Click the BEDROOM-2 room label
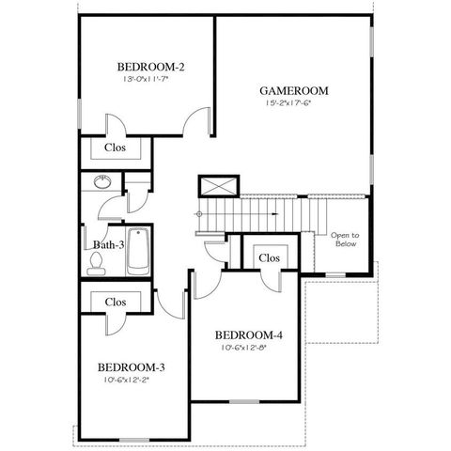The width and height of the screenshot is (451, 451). [x=150, y=67]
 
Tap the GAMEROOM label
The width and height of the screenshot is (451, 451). [x=293, y=91]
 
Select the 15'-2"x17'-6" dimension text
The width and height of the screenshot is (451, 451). [x=293, y=103]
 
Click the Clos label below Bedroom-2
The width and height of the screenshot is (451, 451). [x=115, y=148]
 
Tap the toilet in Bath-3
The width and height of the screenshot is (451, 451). [x=95, y=264]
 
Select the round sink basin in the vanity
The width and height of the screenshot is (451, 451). [x=101, y=182]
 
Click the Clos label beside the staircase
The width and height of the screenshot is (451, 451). [x=269, y=257]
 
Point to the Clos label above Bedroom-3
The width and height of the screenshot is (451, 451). [x=116, y=303]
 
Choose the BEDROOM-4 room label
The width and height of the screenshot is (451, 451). [x=248, y=335]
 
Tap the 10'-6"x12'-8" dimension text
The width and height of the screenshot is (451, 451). [x=248, y=349]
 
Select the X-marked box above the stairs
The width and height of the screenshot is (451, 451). [x=213, y=185]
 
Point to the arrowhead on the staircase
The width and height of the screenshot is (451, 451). [x=273, y=213]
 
